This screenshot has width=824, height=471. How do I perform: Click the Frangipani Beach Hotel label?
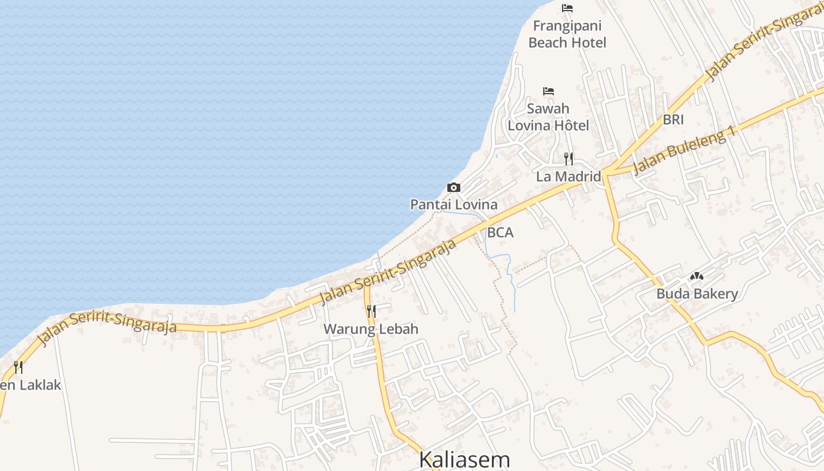pos(567,34)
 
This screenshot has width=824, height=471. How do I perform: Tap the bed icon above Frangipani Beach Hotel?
pos(567,8)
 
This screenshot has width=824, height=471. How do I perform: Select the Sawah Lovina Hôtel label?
pos(548,117)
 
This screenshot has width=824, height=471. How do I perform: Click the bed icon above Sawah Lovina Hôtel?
pos(549,91)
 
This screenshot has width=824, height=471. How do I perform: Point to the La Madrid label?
pos(568,176)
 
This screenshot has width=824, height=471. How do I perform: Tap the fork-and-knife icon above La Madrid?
pos(568,158)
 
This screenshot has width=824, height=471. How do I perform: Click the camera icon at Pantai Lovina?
pos(453,187)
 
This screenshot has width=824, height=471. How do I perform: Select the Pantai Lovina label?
pos(453,205)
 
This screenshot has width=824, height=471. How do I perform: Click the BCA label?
pos(500,233)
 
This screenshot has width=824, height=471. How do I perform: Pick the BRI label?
pos(673,120)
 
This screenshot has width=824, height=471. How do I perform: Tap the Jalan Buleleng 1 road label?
pos(685,151)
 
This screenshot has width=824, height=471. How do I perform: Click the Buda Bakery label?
pos(697,293)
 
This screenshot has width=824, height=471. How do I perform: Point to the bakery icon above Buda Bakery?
pos(697,276)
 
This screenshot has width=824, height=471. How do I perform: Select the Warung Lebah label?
pos(371,329)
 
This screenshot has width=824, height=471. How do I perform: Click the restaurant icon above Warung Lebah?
pos(371,311)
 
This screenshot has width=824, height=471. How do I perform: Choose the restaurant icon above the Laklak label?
pos(18,367)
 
